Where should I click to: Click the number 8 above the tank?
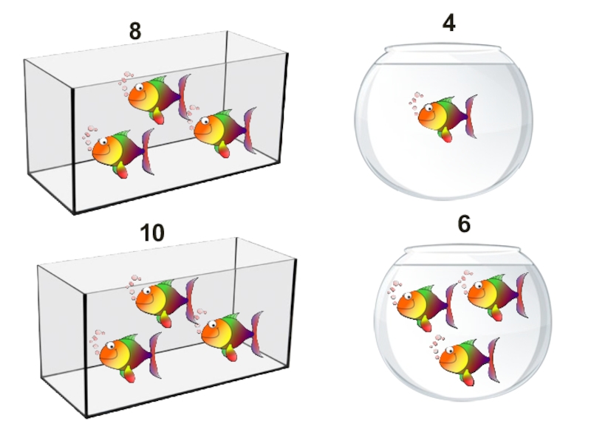[x=135, y=31]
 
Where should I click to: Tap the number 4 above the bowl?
[x=448, y=23]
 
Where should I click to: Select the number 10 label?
[x=152, y=233]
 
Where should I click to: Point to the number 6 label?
[x=465, y=224]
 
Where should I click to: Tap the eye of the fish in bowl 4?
[x=429, y=108]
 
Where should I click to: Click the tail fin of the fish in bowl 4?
[x=471, y=117]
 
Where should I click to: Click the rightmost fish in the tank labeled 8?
[x=225, y=132]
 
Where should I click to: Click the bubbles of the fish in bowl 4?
[x=416, y=102]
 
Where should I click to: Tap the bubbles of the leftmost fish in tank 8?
[x=89, y=137]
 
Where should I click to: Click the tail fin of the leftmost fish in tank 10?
[x=156, y=355]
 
